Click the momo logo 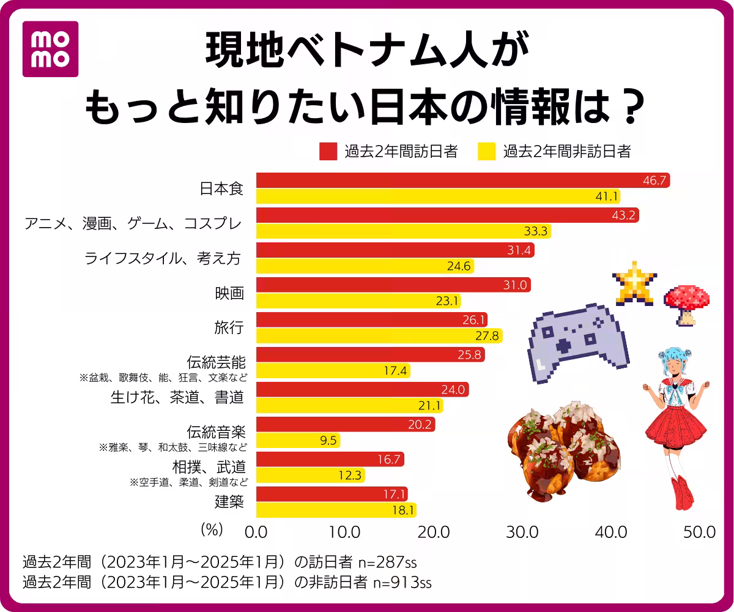tap(50, 49)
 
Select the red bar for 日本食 tap(462, 181)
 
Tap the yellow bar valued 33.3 tap(403, 231)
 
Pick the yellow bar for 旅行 tap(379, 336)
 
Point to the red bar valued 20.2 tap(345, 425)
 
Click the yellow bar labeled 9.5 tap(298, 441)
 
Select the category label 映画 tap(229, 294)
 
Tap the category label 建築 tap(229, 502)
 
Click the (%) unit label tap(212, 530)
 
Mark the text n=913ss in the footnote tap(402, 582)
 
